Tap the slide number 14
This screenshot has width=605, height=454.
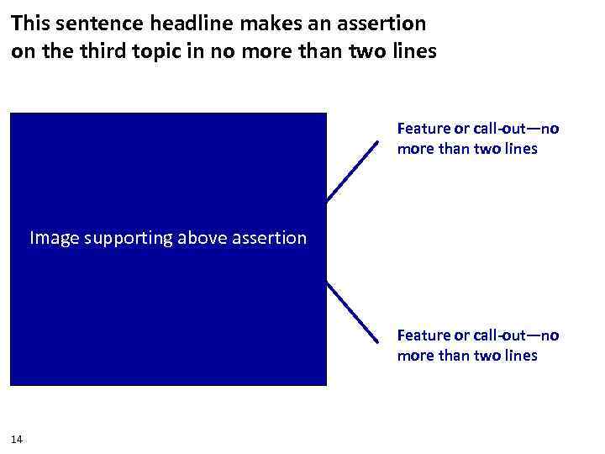tap(18, 439)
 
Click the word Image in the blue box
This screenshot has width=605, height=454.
tap(54, 239)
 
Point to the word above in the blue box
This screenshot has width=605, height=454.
tap(203, 239)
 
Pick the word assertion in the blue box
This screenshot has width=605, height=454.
tap(269, 239)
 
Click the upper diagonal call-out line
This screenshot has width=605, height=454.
tap(352, 171)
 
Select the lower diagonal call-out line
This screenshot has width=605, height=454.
tap(352, 311)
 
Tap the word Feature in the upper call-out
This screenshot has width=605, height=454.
tap(423, 129)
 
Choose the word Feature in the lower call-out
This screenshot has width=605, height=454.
tap(423, 336)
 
